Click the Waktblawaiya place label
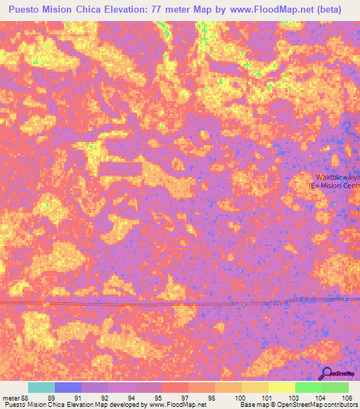[337, 177]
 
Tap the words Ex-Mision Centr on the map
[335, 186]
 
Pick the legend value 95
[159, 397]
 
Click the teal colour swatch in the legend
[41, 387]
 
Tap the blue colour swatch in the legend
[68, 387]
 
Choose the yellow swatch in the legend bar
[282, 387]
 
